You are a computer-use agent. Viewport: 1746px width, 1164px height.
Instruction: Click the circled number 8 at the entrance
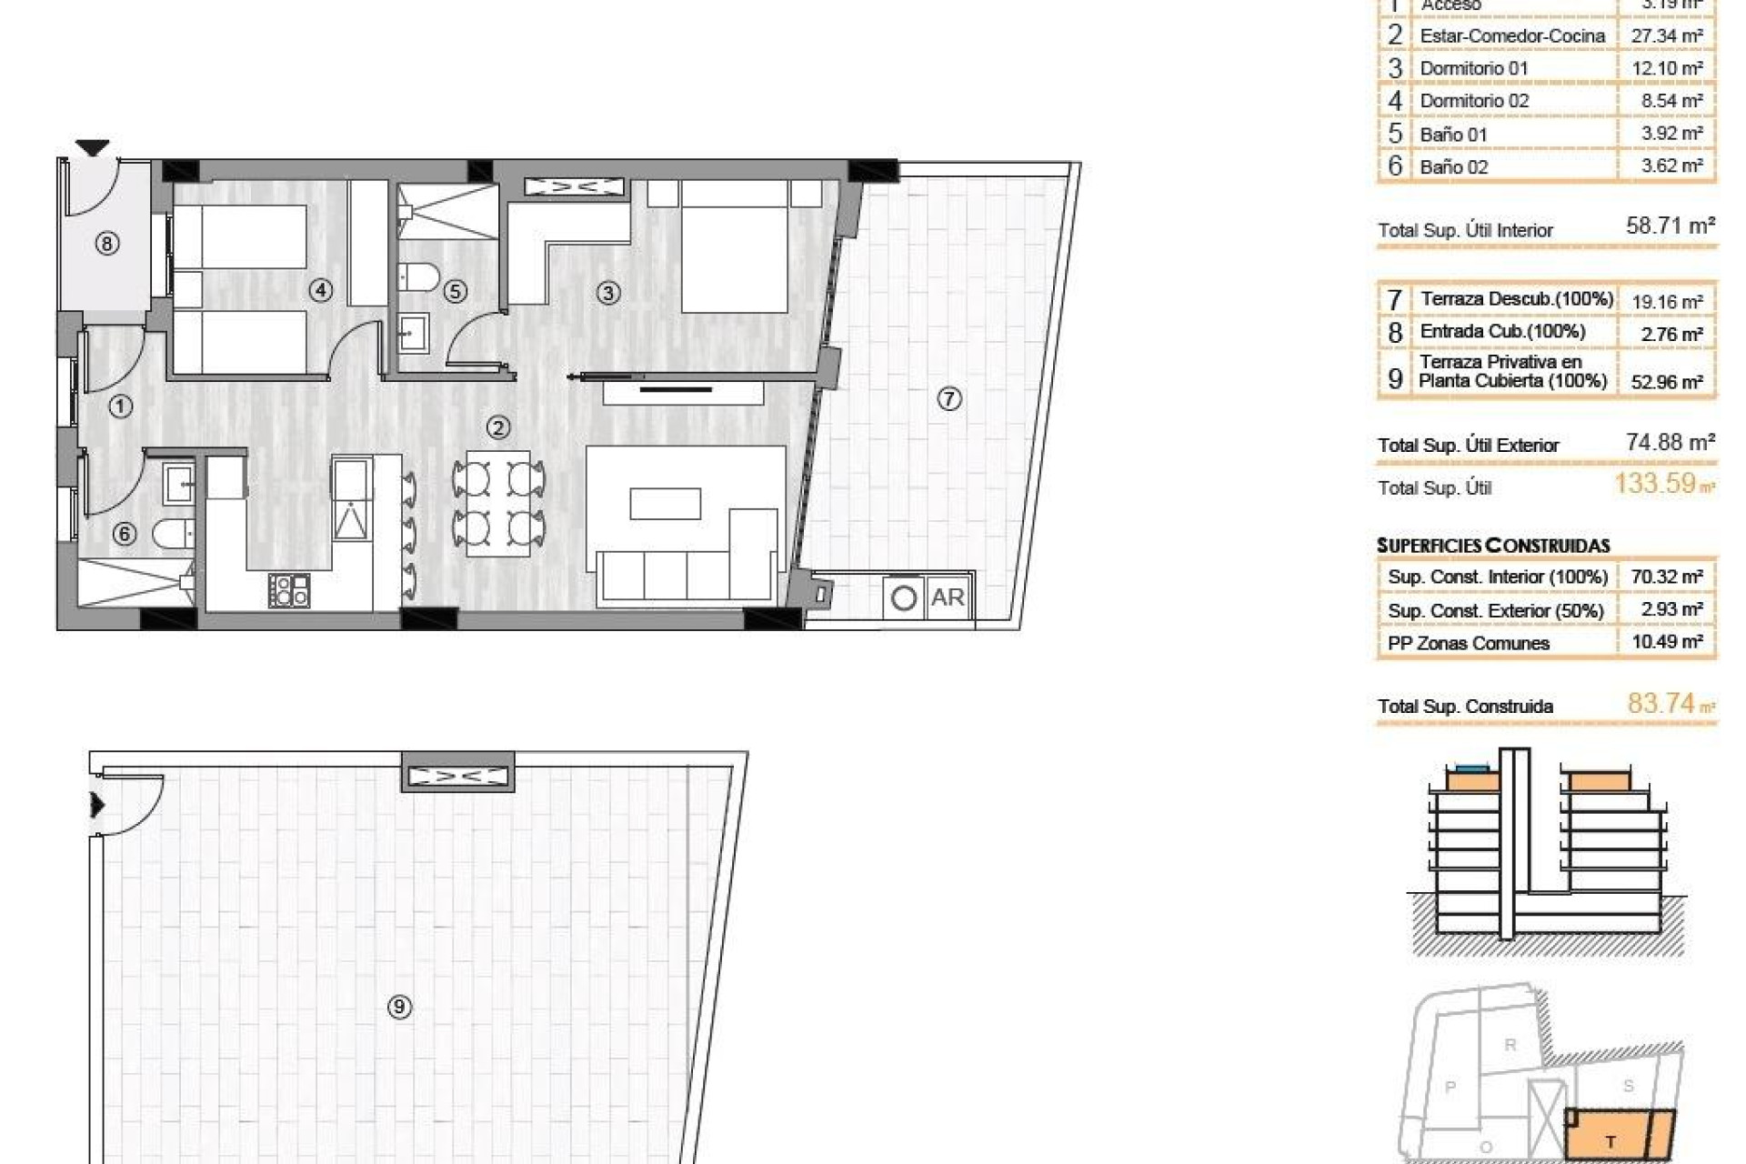pos(107,244)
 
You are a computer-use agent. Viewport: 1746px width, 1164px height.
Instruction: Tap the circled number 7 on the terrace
pos(948,398)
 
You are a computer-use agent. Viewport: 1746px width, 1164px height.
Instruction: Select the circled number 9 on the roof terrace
pos(399,1007)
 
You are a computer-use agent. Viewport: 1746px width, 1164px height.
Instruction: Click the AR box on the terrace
pos(948,597)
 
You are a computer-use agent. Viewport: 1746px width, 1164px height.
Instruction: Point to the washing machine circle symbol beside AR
pos(904,598)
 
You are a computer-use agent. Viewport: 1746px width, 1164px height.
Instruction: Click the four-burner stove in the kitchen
pos(290,590)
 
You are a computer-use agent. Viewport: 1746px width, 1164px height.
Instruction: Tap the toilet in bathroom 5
pos(419,276)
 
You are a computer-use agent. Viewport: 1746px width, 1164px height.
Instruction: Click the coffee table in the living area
pos(665,504)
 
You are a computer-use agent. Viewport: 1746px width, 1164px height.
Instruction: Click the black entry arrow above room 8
pos(92,147)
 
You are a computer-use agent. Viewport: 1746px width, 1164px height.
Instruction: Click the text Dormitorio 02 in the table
pos(1474,101)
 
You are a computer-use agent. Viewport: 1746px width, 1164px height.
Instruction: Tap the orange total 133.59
pos(1655,483)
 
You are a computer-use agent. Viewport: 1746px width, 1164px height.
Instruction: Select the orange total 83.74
pos(1661,703)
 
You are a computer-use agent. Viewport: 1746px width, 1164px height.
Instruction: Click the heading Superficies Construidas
pos(1493,546)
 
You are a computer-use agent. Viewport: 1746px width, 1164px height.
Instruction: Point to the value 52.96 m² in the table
pos(1666,382)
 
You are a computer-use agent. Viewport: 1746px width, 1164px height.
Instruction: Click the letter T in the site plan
pos(1611,1142)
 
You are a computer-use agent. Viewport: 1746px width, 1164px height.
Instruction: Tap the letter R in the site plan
pos(1510,1045)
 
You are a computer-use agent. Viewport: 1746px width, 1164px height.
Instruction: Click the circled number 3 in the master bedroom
pos(607,293)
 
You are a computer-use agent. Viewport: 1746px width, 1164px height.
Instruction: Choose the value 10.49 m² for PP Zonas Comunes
pos(1671,642)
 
